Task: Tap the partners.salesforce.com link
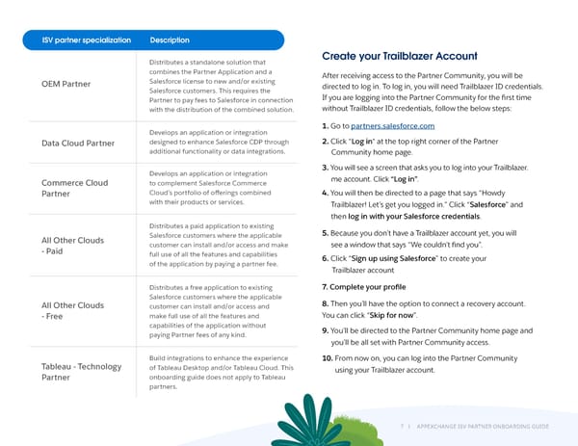coord(393,126)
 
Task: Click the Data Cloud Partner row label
coord(78,144)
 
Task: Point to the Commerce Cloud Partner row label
coord(74,188)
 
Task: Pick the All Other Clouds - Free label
coord(72,311)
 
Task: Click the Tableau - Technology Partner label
coord(81,372)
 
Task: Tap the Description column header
coord(170,40)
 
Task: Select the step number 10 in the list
coord(326,358)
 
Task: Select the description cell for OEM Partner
coord(222,84)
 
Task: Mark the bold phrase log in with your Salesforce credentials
coord(420,216)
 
